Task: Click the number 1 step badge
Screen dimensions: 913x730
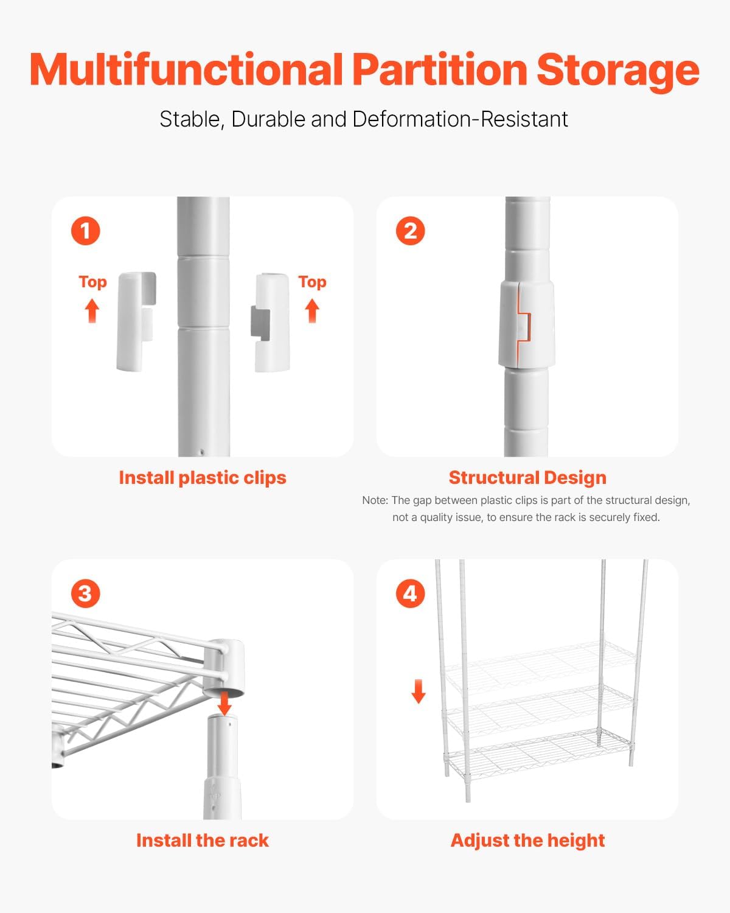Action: tap(85, 231)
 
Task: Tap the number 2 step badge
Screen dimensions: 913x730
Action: tap(410, 231)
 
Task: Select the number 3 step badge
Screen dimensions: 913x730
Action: tap(85, 593)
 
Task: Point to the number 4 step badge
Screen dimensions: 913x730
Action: tap(410, 593)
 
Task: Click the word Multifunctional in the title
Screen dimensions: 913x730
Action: tap(186, 70)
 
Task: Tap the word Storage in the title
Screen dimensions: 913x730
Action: tap(617, 70)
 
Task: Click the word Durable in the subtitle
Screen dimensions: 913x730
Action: tap(268, 119)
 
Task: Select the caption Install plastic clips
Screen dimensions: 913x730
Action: tap(202, 478)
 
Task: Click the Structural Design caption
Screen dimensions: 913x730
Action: tap(527, 478)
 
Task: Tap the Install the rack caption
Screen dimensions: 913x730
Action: tap(202, 841)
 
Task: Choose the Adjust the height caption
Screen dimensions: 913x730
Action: tap(527, 841)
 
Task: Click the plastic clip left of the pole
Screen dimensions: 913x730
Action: tap(136, 321)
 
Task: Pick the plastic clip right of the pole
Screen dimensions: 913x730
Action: tap(271, 322)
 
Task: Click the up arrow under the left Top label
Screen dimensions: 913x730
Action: tap(92, 310)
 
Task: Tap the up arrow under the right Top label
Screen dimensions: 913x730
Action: tap(312, 310)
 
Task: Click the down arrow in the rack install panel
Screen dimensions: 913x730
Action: tap(224, 703)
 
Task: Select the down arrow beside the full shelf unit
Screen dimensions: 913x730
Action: tap(419, 691)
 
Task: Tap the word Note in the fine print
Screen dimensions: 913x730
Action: tap(374, 500)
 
